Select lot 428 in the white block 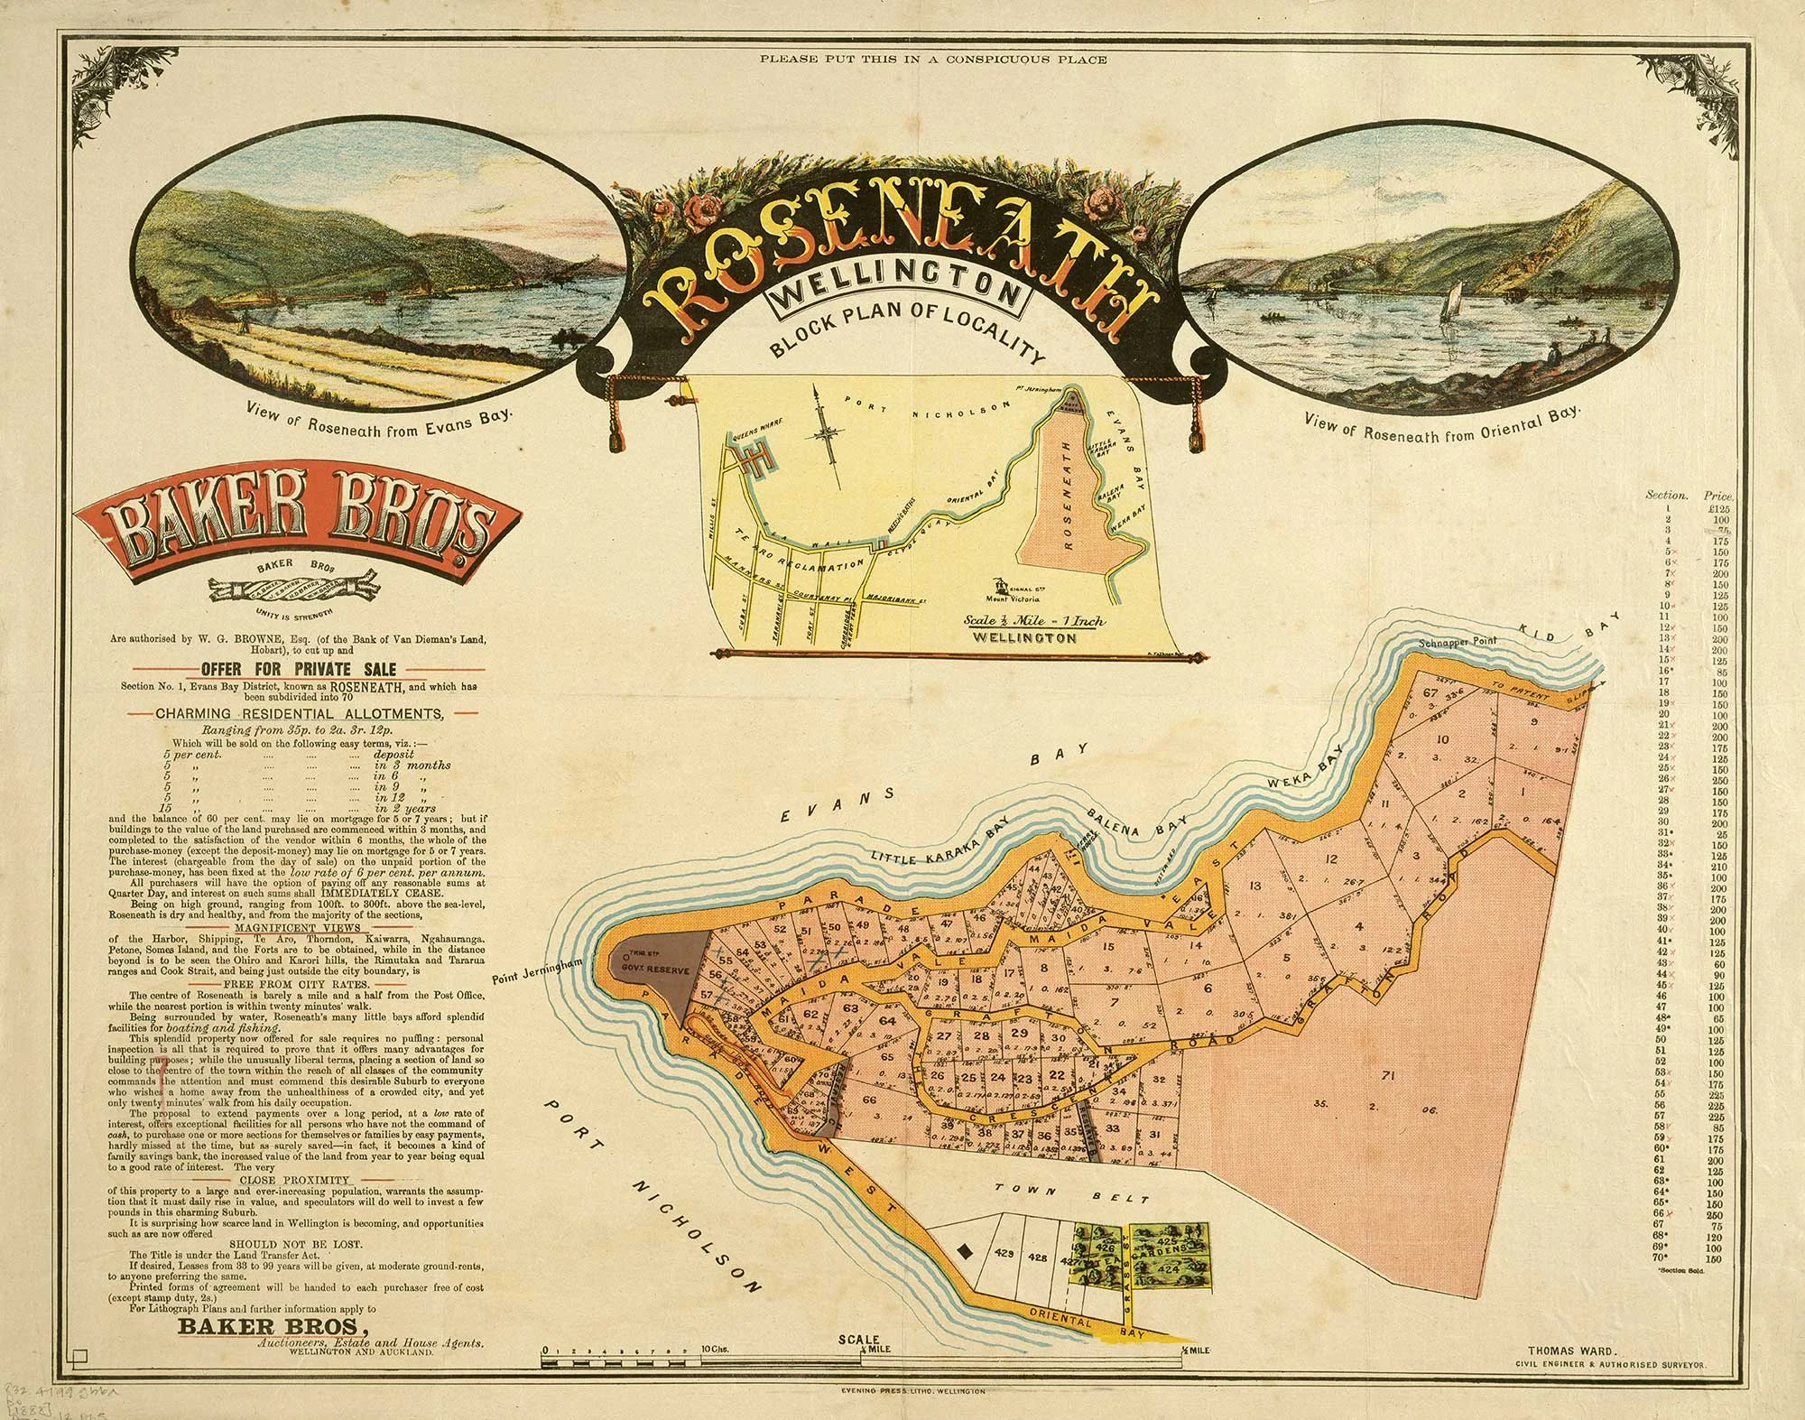click(x=1038, y=1258)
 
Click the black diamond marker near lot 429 click(x=965, y=1251)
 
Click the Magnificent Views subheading click(x=297, y=928)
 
